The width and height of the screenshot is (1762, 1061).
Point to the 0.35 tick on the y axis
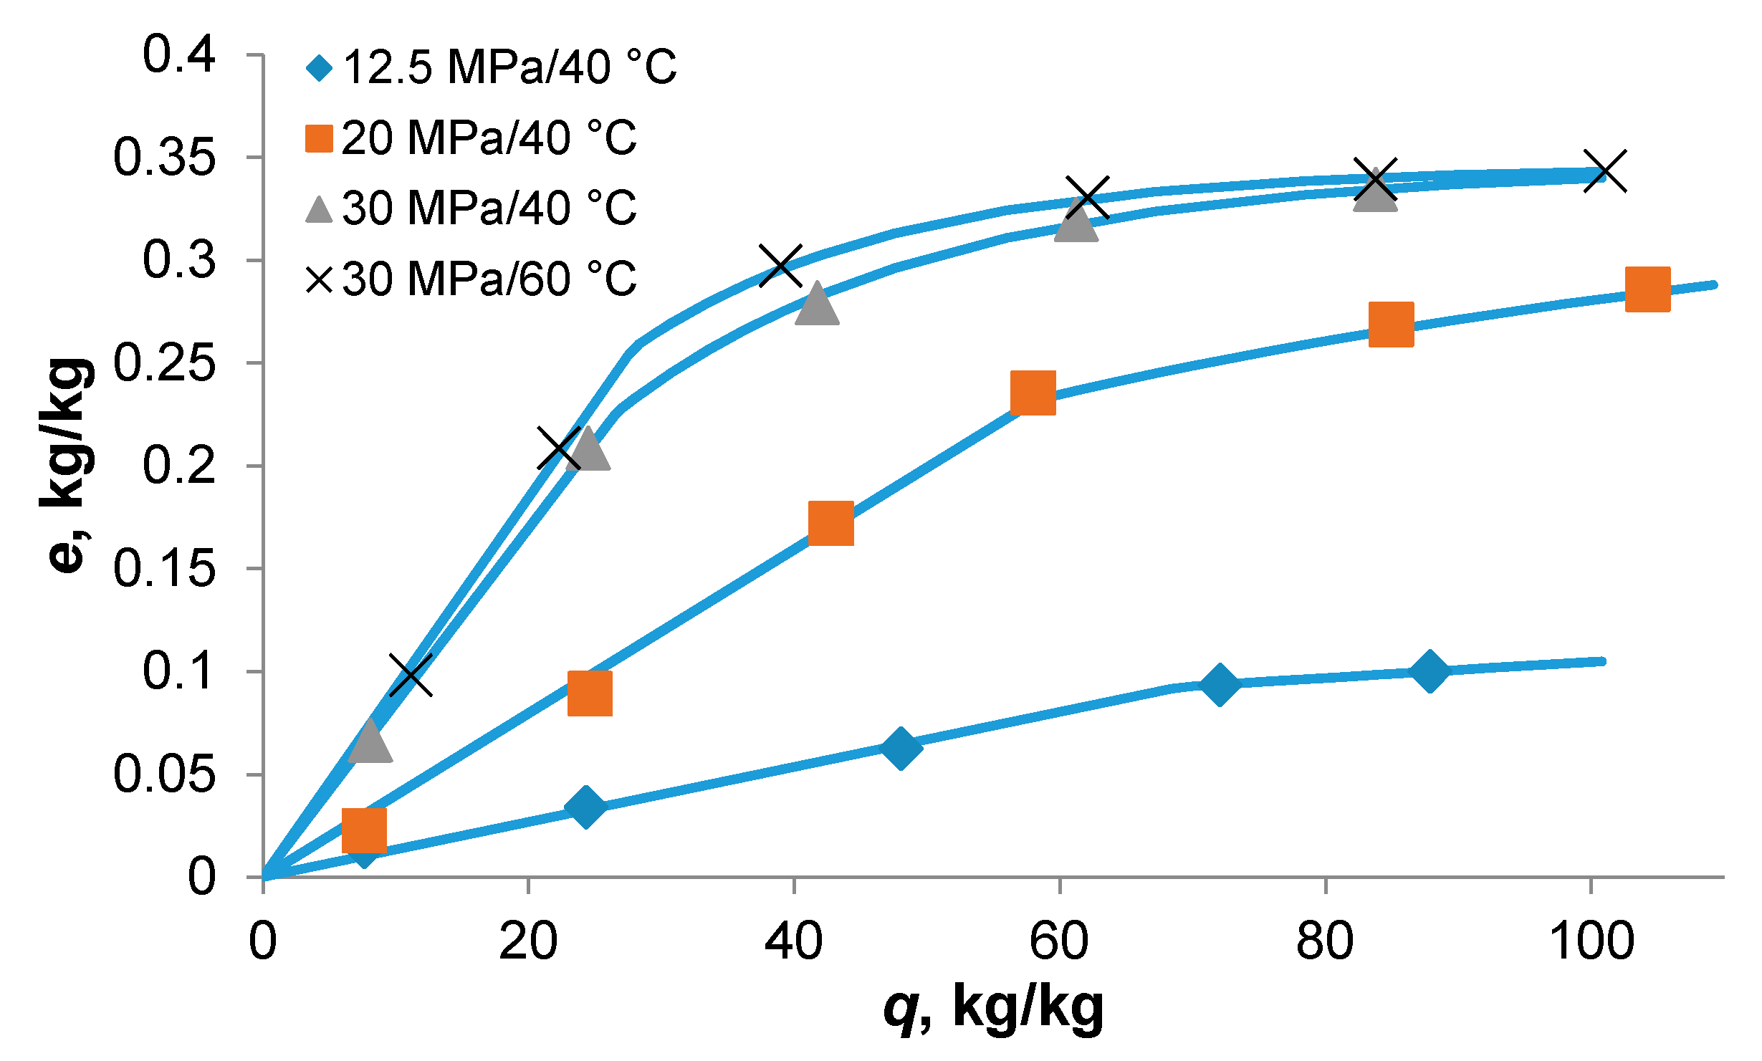tap(164, 158)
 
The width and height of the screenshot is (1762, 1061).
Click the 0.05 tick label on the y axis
tap(164, 774)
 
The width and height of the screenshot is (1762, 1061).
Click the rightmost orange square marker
tap(1647, 289)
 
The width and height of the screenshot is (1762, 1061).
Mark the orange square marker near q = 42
tap(830, 523)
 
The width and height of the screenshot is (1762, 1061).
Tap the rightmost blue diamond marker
tap(1430, 671)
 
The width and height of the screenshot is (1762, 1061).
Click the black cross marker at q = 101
tap(1605, 172)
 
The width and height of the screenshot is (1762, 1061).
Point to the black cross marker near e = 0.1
tap(411, 675)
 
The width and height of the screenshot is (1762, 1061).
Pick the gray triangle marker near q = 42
tap(817, 304)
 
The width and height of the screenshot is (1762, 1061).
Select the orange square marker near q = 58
tap(1033, 393)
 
